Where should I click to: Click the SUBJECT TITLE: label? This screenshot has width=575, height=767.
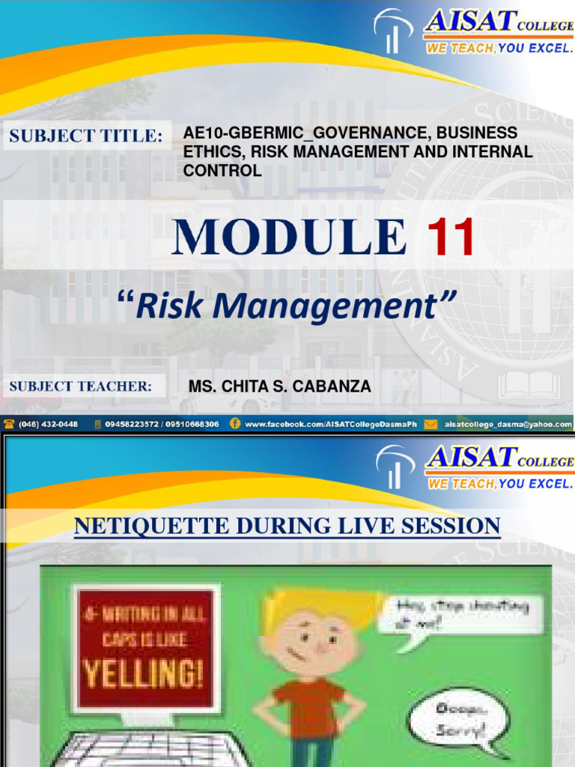[x=85, y=136]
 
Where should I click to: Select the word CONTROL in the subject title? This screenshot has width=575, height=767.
[x=222, y=171]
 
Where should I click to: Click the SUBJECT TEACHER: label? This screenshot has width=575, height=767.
[x=80, y=386]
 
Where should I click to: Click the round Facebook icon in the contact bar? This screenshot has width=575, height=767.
[x=235, y=424]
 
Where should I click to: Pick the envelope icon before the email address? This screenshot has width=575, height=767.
[x=431, y=424]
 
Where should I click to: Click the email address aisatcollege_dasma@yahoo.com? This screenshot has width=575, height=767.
[x=508, y=424]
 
